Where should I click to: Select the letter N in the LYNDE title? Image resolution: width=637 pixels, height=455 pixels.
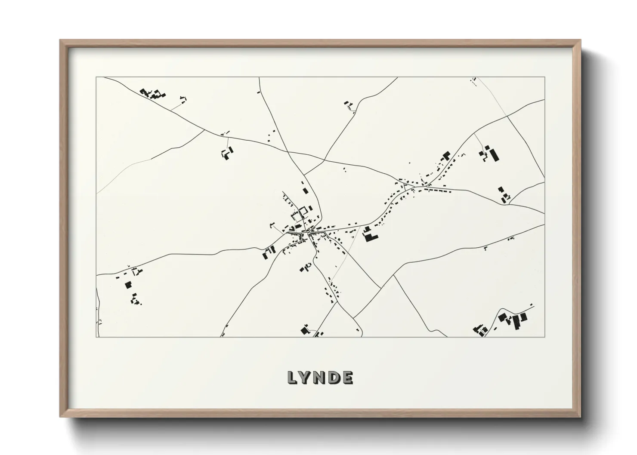click(x=320, y=378)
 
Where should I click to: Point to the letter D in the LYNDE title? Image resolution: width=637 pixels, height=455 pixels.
click(x=334, y=378)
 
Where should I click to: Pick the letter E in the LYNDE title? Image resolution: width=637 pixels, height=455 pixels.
click(x=347, y=378)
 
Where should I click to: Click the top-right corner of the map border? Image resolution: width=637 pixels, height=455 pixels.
click(x=544, y=77)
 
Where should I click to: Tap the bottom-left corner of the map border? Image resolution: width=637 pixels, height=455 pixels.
click(x=96, y=337)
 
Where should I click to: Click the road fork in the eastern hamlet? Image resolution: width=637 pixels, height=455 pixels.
click(x=405, y=185)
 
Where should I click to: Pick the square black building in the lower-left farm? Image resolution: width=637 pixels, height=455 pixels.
click(x=128, y=285)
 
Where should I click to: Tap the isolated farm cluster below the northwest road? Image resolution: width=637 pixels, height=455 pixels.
click(x=227, y=153)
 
